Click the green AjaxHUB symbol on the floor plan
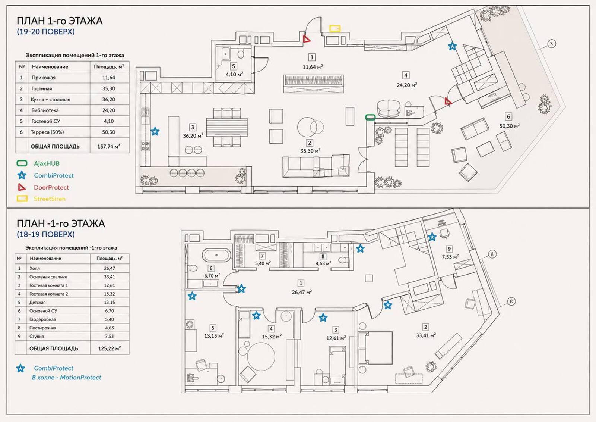coord(370,117)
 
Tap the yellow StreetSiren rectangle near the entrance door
coord(335,28)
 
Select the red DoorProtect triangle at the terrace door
coord(448,101)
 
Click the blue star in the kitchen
coord(155,131)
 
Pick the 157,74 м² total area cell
coord(108,146)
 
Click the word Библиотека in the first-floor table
coord(45,110)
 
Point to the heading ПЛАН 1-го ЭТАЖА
coord(60,21)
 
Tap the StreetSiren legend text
coord(50,199)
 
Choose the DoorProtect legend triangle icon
coord(22,187)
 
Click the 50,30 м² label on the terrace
coord(510,126)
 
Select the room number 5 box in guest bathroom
coord(233,66)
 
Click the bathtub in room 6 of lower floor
coord(216,255)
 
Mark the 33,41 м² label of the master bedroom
coord(426,335)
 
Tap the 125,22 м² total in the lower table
coord(110,348)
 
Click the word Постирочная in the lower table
coord(43,328)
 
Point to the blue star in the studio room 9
coord(432,237)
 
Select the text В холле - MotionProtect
coord(67,378)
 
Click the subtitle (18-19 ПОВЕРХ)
coord(46,234)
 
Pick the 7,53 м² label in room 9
coord(450,257)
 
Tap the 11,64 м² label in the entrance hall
coord(313,67)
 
